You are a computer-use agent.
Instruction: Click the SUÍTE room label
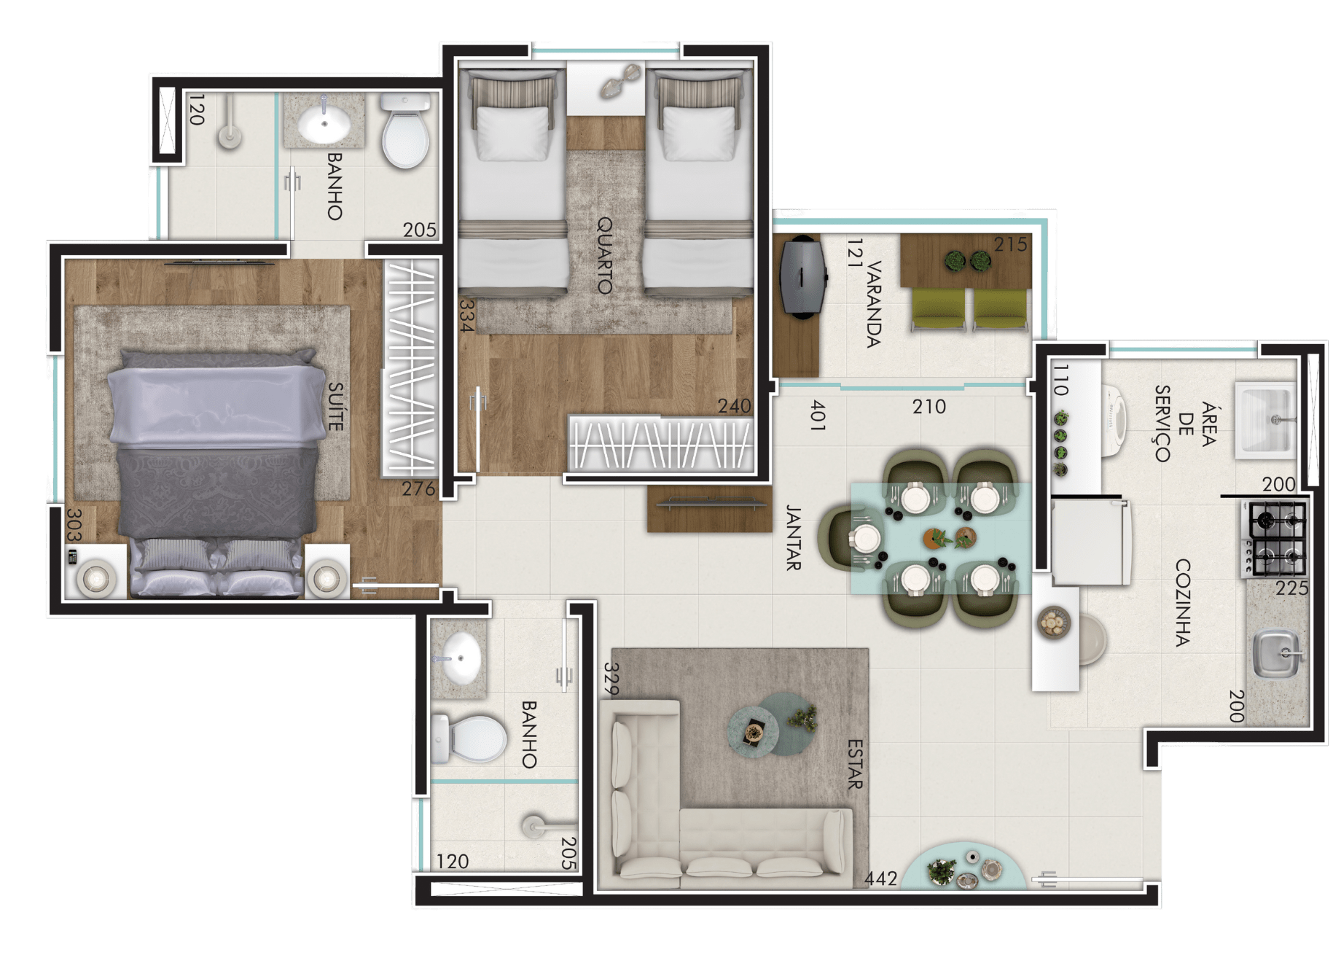(x=335, y=407)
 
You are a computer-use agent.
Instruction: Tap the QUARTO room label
(x=605, y=255)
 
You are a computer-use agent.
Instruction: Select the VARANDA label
(x=875, y=304)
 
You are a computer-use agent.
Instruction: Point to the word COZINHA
(x=1182, y=603)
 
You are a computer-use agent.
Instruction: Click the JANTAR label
(x=794, y=538)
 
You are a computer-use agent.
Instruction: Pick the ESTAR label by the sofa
(x=856, y=764)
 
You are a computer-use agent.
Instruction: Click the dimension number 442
(x=880, y=878)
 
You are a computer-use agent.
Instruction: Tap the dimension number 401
(x=818, y=415)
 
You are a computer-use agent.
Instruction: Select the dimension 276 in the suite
(x=418, y=488)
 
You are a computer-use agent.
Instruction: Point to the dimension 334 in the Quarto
(x=467, y=316)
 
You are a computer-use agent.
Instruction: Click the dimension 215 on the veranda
(x=1011, y=244)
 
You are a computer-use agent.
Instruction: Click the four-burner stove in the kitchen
(x=1275, y=539)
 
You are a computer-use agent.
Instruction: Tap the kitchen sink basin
(x=1277, y=652)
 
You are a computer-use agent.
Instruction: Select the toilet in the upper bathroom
(x=405, y=131)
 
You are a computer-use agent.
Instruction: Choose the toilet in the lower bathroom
(x=469, y=739)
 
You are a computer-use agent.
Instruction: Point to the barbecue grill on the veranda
(x=802, y=276)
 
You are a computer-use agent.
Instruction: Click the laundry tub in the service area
(x=1264, y=421)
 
